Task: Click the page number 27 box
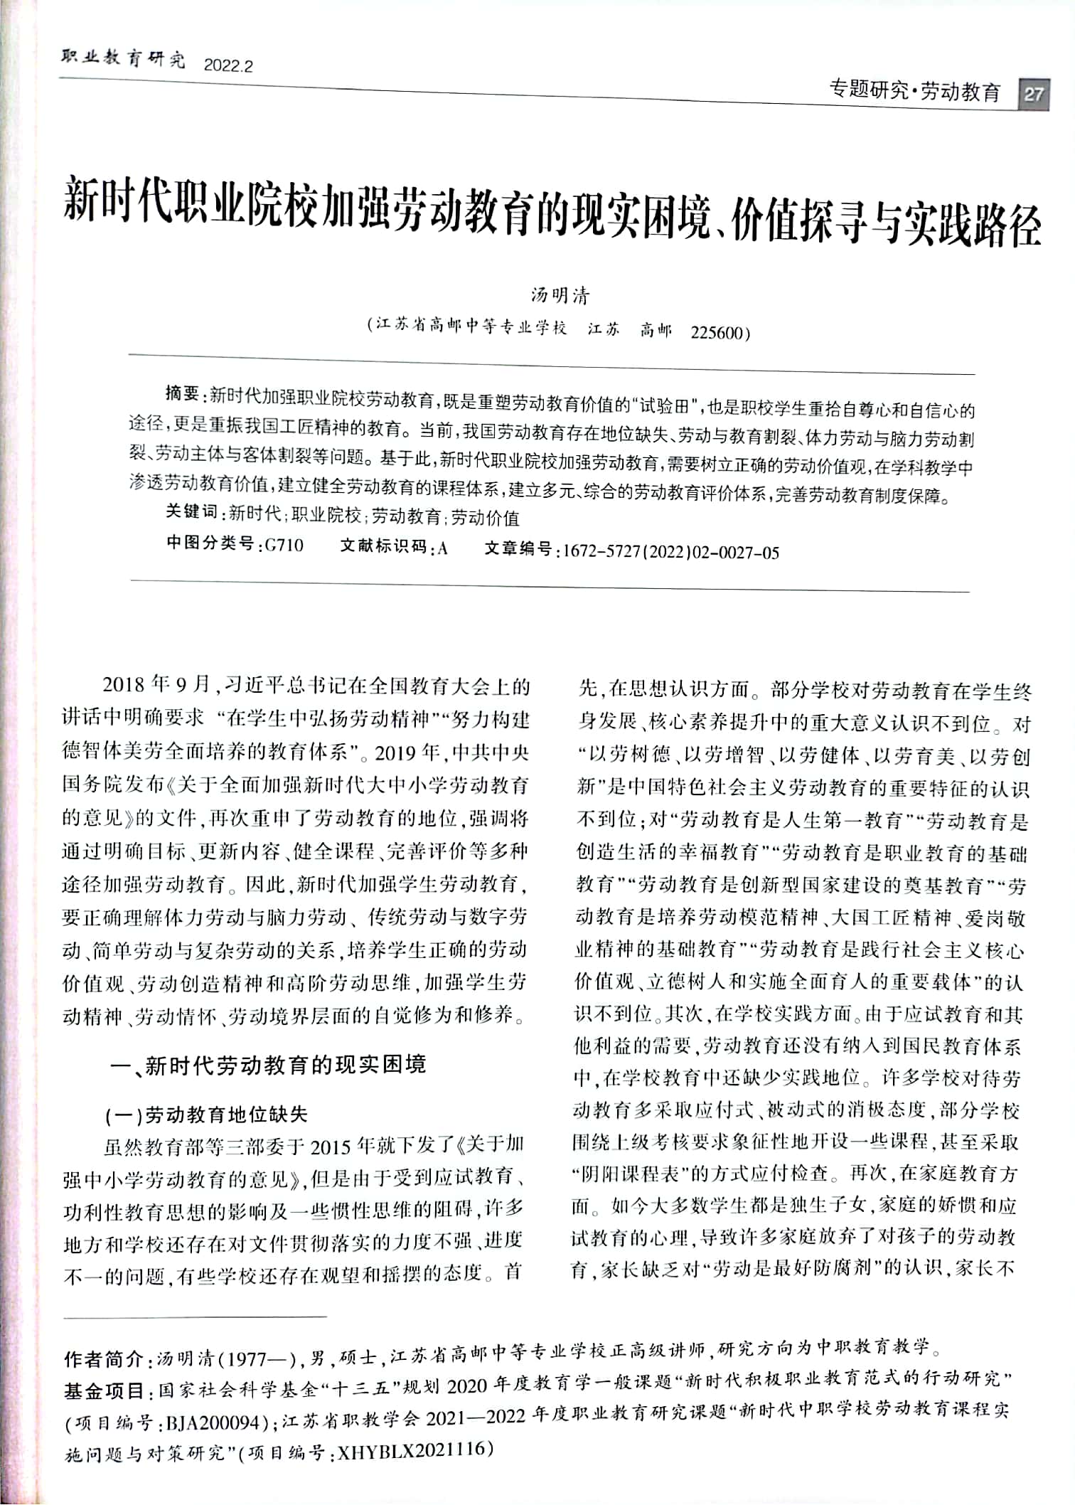pos(1034,94)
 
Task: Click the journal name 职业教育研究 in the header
pos(123,60)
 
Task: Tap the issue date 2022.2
pos(228,66)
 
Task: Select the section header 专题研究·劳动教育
pos(915,92)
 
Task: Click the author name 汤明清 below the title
pos(560,296)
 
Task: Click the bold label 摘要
pos(183,394)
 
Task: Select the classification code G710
pos(284,546)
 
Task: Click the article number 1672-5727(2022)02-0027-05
pos(670,552)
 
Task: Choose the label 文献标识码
pos(384,546)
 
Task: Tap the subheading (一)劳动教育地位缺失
pos(206,1115)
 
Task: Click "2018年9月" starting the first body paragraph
pos(157,686)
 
